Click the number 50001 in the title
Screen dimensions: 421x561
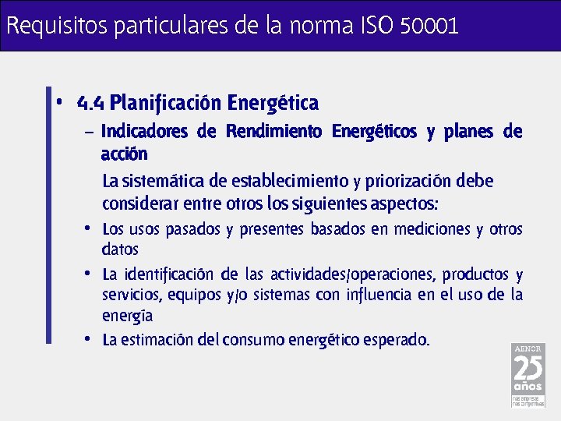(x=429, y=26)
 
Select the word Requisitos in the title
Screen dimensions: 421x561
(x=57, y=26)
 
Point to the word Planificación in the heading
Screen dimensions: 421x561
(x=165, y=103)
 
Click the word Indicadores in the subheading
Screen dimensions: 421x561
(x=144, y=132)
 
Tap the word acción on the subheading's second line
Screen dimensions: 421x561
(x=124, y=153)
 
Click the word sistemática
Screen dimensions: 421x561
(x=163, y=182)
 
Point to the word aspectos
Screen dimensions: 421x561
(x=405, y=204)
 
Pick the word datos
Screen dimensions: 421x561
(x=120, y=249)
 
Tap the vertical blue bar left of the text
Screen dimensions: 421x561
(x=49, y=214)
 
